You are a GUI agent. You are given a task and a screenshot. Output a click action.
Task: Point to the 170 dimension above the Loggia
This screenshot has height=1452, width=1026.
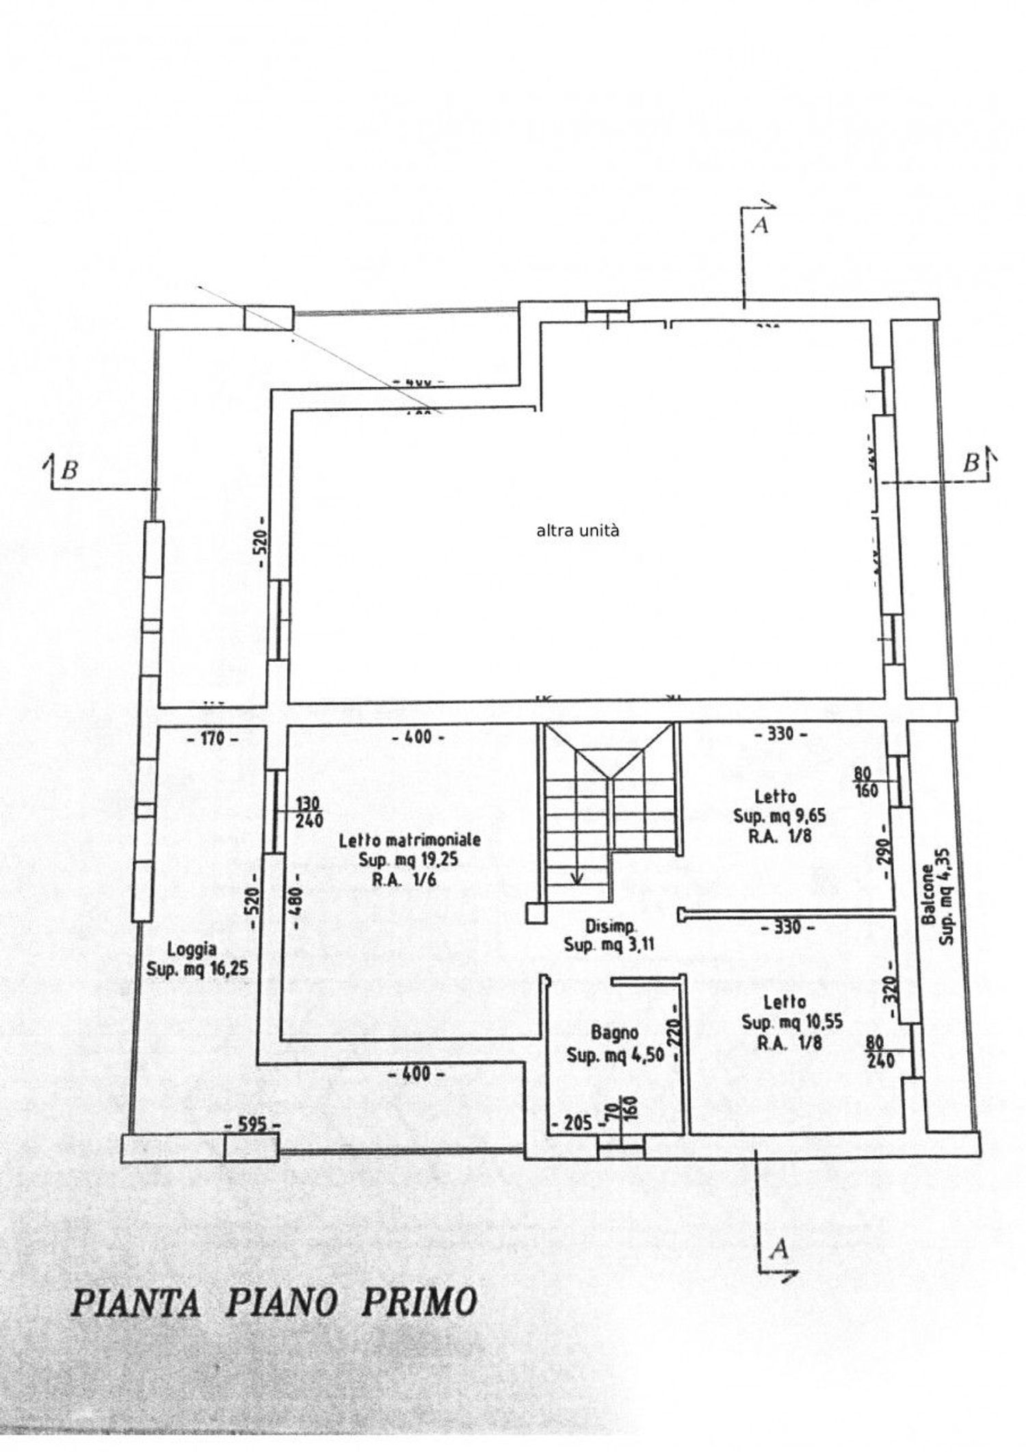pyautogui.click(x=213, y=738)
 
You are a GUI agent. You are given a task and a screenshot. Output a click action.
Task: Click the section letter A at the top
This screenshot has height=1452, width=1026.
pyautogui.click(x=759, y=225)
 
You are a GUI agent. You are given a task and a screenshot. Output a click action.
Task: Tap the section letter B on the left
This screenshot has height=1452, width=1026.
pyautogui.click(x=68, y=470)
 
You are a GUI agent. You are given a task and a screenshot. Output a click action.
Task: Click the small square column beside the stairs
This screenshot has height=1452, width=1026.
pyautogui.click(x=535, y=912)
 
